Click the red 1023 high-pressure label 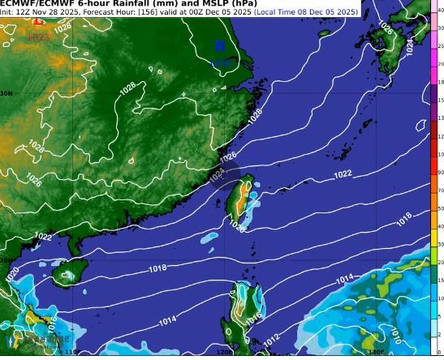point(38,37)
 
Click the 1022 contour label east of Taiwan point(343,175)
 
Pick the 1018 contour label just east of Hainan point(158,268)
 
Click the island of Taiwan point(239,200)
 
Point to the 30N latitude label point(6,95)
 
